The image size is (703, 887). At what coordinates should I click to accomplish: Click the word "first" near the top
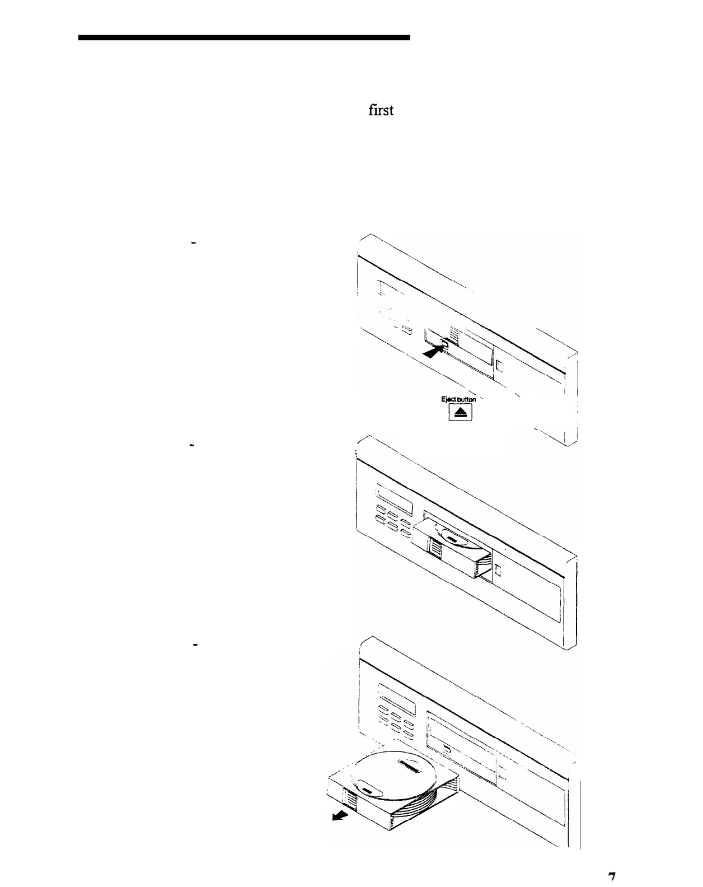pyautogui.click(x=381, y=110)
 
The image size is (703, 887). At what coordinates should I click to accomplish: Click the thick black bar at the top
pyautogui.click(x=244, y=38)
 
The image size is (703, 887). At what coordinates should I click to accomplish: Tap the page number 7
pyautogui.click(x=612, y=877)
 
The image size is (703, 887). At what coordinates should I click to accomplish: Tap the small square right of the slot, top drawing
pyautogui.click(x=500, y=367)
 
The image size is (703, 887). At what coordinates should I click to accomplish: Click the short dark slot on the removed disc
pyautogui.click(x=367, y=790)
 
